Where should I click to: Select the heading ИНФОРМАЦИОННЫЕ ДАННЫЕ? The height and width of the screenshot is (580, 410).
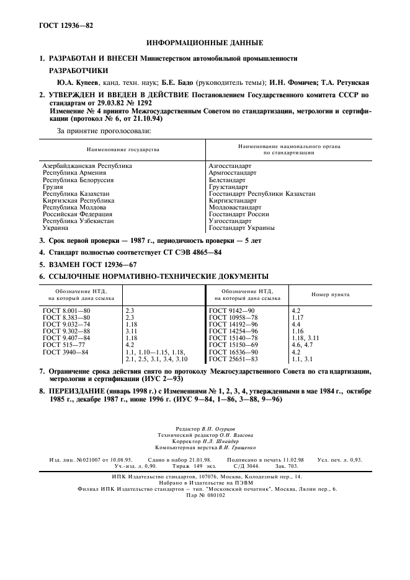tap(204, 43)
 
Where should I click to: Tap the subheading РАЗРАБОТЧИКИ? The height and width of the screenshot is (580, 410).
tap(79, 70)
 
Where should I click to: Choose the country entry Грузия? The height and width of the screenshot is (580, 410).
tap(53, 187)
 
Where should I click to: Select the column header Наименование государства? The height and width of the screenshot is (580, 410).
tap(123, 149)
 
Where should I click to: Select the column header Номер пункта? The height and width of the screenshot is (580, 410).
tap(330, 294)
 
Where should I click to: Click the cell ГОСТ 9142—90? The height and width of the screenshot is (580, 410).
tap(233, 309)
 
